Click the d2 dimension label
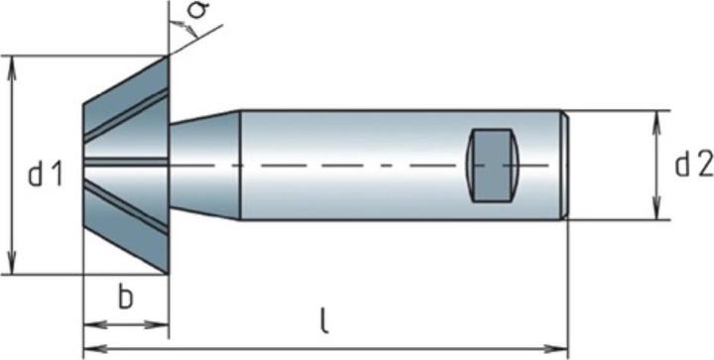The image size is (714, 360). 694,166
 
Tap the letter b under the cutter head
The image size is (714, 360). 125,300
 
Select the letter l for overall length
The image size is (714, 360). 324,320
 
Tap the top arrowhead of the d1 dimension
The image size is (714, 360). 13,62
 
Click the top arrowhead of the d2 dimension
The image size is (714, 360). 655,117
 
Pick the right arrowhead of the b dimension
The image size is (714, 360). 165,323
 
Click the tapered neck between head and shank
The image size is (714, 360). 205,165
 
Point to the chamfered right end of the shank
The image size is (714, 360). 565,165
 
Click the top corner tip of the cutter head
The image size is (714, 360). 168,55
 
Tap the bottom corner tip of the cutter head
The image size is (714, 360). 168,275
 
